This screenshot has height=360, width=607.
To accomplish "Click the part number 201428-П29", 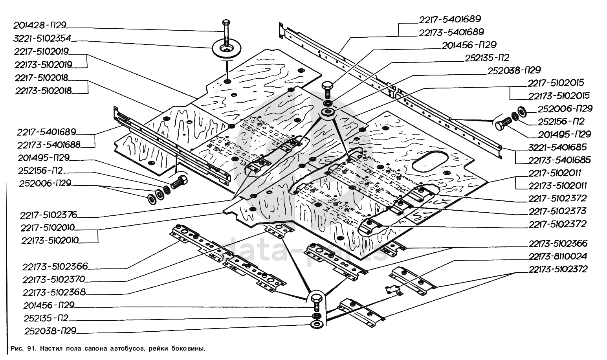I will coord(39,26).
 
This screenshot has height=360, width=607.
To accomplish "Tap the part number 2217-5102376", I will coord(49,215).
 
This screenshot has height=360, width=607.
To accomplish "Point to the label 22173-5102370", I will coord(54,279).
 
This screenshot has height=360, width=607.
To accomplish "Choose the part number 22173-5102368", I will coord(54,292).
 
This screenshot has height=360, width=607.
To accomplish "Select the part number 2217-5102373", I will coord(557,211).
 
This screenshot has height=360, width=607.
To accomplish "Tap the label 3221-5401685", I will coord(557,147).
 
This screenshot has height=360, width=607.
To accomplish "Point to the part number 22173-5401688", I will coord(49,145).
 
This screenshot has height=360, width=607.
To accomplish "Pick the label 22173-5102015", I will coord(559,96).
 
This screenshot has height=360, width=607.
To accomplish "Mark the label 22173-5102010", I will coord(50,240).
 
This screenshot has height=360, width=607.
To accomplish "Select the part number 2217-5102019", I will coord(41,51).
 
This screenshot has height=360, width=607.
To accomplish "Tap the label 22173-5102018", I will coord(43,90).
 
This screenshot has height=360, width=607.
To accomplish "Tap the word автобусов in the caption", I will coord(127,348).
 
